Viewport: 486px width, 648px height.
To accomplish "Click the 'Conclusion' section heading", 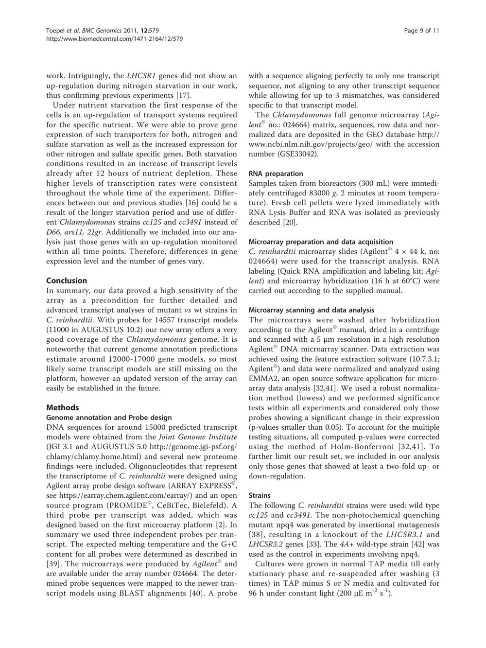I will (x=67, y=280).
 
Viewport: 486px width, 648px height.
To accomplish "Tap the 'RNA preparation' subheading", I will (x=276, y=174).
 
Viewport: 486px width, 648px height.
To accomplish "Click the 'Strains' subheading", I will (x=260, y=495).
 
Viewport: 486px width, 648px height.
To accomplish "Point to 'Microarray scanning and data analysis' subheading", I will (x=311, y=310).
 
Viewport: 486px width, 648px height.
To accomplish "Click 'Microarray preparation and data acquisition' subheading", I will (x=321, y=242).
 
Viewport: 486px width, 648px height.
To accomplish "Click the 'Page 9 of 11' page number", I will (x=422, y=31).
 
